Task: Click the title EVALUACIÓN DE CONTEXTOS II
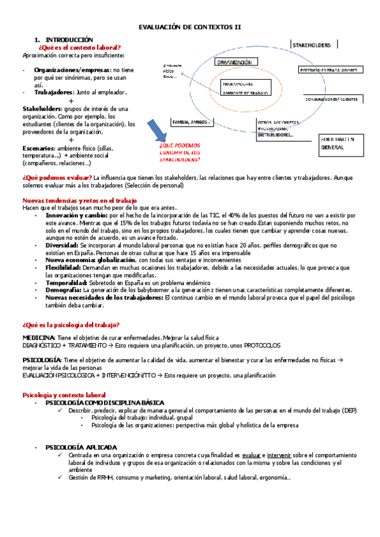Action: [x=190, y=27]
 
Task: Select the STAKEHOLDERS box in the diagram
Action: [x=314, y=45]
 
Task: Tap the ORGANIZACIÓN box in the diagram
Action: [x=234, y=63]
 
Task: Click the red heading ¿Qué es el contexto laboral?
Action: [x=79, y=47]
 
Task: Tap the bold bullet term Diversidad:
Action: [x=63, y=244]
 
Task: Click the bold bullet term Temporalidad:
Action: [x=68, y=282]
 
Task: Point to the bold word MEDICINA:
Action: [x=39, y=338]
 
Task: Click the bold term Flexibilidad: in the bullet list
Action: [x=67, y=267]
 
